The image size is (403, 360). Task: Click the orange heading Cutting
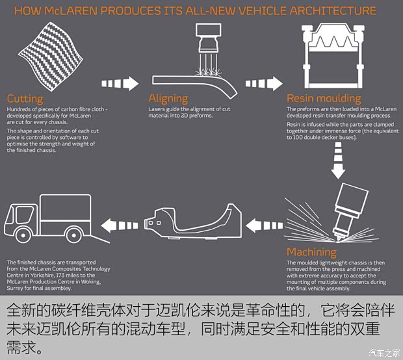coord(25,99)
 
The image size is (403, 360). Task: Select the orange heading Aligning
coord(168,99)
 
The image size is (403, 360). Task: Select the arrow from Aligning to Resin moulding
coord(263,83)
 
